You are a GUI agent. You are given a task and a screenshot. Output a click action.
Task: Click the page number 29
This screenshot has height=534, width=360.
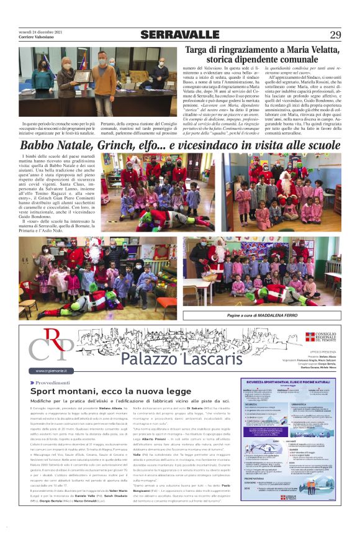click(x=335, y=35)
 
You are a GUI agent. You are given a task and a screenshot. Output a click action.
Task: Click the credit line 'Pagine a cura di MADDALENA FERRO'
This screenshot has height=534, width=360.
click(x=263, y=315)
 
